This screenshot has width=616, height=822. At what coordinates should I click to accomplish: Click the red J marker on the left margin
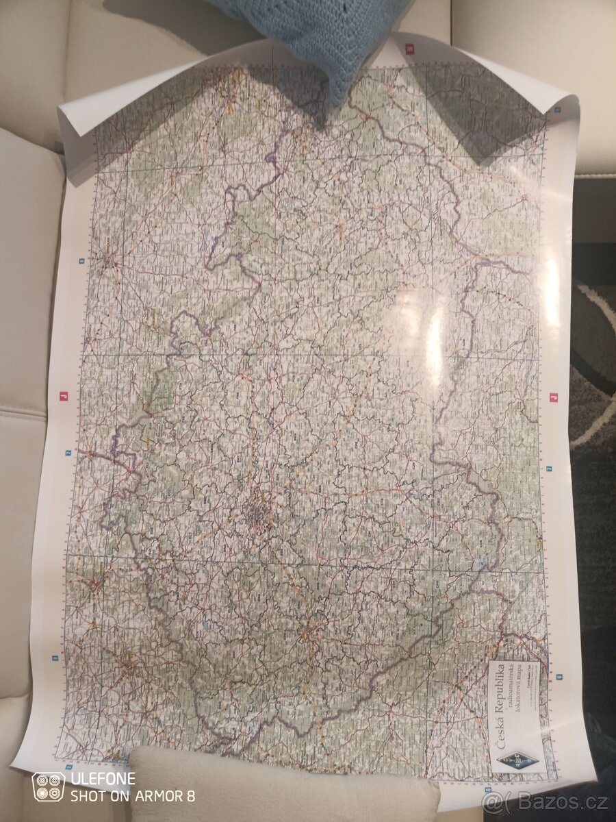tap(62, 396)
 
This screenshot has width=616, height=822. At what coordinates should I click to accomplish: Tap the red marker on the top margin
tap(409, 49)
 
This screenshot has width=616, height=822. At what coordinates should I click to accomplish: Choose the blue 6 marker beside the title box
tap(559, 677)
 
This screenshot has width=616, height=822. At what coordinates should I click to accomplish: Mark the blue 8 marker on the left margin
tap(81, 260)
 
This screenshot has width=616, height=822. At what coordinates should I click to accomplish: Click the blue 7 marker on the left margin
tap(68, 453)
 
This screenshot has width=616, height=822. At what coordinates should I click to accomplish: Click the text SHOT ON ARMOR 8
tap(133, 795)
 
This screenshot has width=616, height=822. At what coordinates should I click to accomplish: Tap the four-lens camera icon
tap(49, 787)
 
